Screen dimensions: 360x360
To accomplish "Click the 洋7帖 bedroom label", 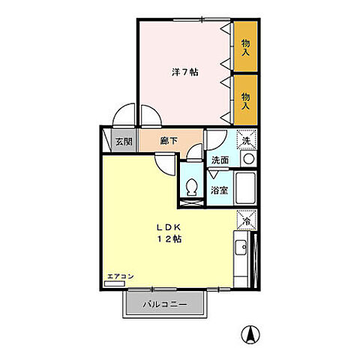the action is click(x=185, y=72).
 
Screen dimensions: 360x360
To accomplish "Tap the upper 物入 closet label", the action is click(x=245, y=48).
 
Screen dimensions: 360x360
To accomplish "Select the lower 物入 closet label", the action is click(x=245, y=101).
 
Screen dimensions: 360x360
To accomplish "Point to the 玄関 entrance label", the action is click(x=124, y=142).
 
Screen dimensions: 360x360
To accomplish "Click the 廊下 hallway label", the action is click(x=169, y=141).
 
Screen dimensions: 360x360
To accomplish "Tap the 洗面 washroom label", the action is click(x=220, y=160).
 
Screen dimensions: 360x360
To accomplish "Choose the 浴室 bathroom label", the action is click(x=219, y=190).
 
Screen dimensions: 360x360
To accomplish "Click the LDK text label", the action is click(x=169, y=227).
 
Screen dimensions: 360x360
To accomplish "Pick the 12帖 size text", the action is click(x=169, y=239).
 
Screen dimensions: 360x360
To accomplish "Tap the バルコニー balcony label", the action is click(x=165, y=304).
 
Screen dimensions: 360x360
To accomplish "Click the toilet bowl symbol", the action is click(x=192, y=187).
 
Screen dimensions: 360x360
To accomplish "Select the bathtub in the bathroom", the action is click(x=246, y=187).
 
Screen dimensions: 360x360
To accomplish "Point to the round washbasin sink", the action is click(x=249, y=159).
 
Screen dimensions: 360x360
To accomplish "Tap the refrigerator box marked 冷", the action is click(x=247, y=220).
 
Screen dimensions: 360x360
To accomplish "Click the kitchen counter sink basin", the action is click(x=241, y=247).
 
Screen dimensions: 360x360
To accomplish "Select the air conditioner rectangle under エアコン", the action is click(x=115, y=283).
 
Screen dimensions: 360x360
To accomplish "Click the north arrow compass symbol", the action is click(x=250, y=334).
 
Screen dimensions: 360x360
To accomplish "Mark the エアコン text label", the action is click(x=121, y=277).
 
